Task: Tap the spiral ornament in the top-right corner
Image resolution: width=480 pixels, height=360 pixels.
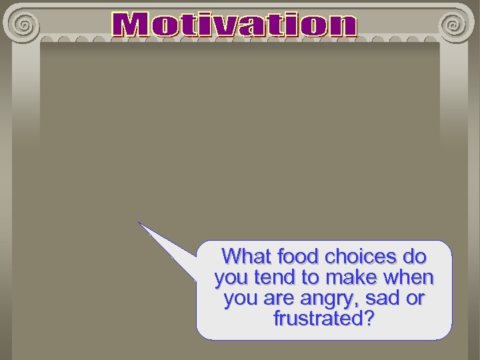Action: (453, 25)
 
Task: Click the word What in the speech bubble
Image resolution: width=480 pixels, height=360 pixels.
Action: (246, 256)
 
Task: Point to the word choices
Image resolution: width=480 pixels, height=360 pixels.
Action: (361, 256)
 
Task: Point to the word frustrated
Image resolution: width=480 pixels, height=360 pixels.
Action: (317, 319)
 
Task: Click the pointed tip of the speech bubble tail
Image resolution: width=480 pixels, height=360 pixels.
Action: (139, 223)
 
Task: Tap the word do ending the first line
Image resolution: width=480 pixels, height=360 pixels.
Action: (415, 256)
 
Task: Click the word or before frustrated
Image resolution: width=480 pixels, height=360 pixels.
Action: (415, 298)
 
